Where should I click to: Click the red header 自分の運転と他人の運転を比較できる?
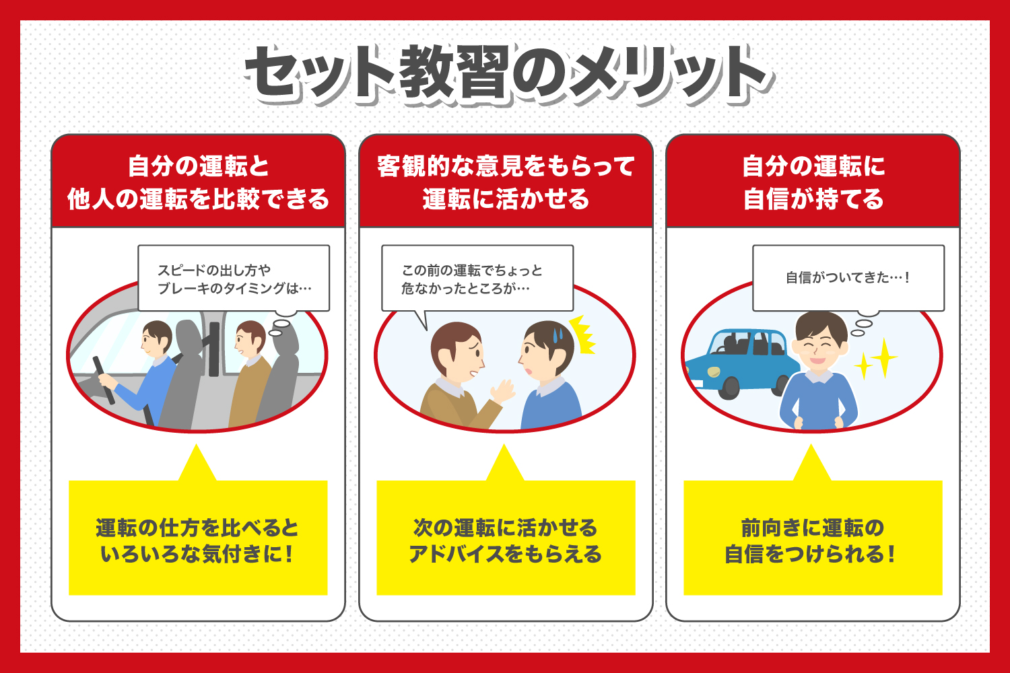point(198,182)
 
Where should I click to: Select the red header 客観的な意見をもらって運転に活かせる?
point(505,182)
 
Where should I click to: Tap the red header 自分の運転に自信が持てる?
point(813,182)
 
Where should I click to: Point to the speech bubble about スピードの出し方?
point(234,279)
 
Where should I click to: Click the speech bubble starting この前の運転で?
point(477,279)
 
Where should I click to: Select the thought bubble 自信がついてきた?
point(848,277)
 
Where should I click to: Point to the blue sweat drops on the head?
point(558,332)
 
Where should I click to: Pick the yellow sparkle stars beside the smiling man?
point(877,360)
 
